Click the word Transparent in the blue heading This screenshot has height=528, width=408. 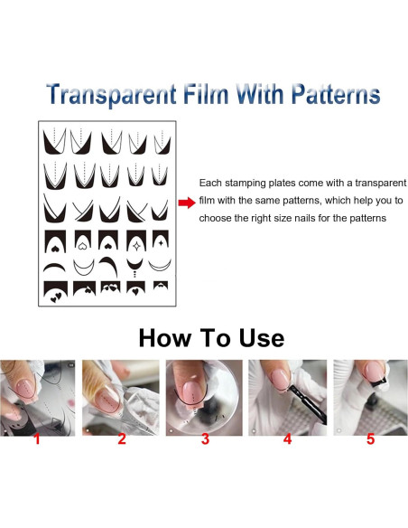point(111,95)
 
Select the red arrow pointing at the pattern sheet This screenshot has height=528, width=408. point(187,203)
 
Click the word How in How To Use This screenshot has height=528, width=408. point(164,338)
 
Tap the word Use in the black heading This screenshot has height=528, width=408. point(262,338)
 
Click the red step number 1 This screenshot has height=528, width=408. point(37,439)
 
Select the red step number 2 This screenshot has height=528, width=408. point(122,439)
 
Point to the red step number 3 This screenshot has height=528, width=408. point(205,439)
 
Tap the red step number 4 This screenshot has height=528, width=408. point(287,439)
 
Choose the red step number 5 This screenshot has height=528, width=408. point(370,439)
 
